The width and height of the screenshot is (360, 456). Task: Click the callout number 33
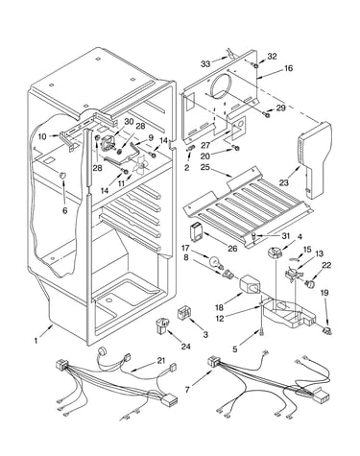(205, 64)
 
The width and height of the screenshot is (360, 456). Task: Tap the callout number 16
(288, 68)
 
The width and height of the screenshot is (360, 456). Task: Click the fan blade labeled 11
(141, 166)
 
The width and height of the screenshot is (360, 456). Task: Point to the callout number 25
(205, 167)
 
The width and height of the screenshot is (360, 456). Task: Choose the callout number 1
(36, 341)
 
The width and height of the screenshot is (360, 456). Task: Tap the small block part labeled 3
(184, 313)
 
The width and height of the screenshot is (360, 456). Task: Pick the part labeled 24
(163, 325)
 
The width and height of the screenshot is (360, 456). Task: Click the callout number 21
(161, 361)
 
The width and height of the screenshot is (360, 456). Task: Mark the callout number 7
(187, 390)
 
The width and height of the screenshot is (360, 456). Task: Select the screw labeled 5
(262, 333)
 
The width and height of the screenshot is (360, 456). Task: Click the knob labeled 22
(310, 283)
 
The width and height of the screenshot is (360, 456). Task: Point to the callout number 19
(324, 293)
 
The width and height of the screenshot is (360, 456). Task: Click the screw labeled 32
(256, 65)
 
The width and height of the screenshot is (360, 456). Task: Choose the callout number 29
(280, 108)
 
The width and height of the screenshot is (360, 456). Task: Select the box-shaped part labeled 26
(196, 229)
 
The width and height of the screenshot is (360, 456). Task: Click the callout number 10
(42, 136)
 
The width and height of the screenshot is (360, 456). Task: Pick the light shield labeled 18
(250, 284)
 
